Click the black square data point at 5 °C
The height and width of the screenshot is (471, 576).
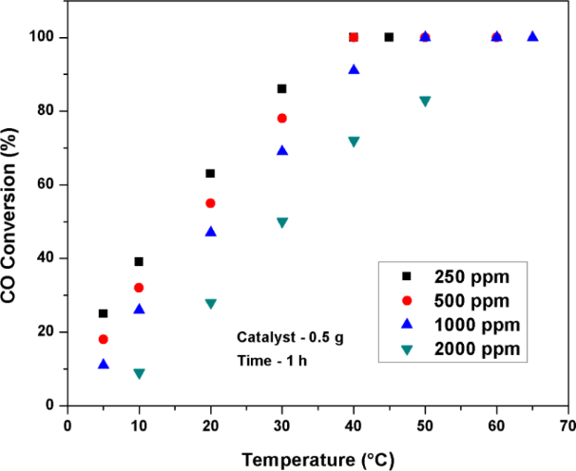coord(103,313)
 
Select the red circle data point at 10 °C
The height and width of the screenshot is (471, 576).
coord(139,288)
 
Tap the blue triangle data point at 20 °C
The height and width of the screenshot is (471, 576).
coord(210,231)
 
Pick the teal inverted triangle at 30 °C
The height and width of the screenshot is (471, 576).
coord(281,222)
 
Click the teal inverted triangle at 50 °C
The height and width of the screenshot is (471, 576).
coord(425,101)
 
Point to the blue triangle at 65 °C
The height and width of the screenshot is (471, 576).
coord(532,37)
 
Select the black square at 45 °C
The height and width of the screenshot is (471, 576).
coord(389,37)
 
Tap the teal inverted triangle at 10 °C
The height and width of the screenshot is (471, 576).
coord(139,373)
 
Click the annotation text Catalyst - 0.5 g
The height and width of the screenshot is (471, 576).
coord(284,335)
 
